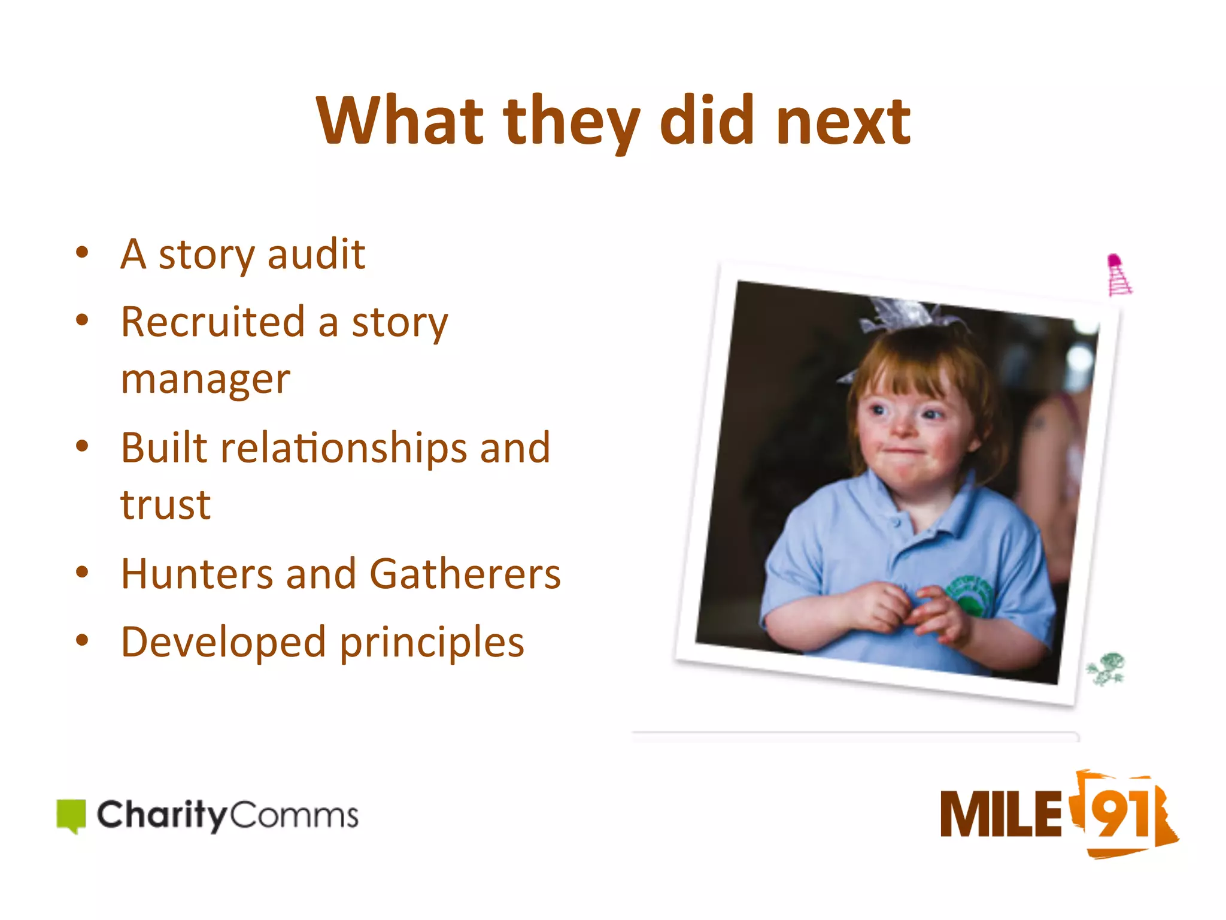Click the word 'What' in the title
click(x=399, y=121)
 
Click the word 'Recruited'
click(x=213, y=322)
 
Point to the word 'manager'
click(x=205, y=379)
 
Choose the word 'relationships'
click(x=344, y=448)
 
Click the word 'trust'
click(x=165, y=505)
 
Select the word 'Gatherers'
click(x=465, y=574)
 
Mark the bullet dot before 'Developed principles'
click(x=82, y=640)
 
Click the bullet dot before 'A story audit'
click(x=82, y=252)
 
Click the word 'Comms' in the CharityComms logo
click(x=293, y=816)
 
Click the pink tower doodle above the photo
click(x=1118, y=275)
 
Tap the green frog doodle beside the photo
click(x=1107, y=668)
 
